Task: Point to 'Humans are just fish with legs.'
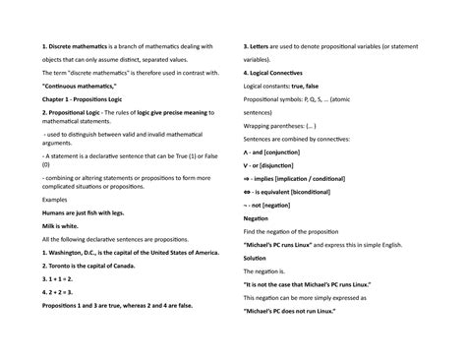click(87, 211)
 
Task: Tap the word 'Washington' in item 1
click(69, 252)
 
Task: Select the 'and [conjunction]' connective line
click(278, 153)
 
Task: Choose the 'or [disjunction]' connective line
click(276, 166)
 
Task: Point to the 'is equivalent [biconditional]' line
click(295, 193)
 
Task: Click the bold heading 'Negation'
click(255, 218)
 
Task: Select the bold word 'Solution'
click(255, 258)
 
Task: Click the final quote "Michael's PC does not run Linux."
click(302, 311)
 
